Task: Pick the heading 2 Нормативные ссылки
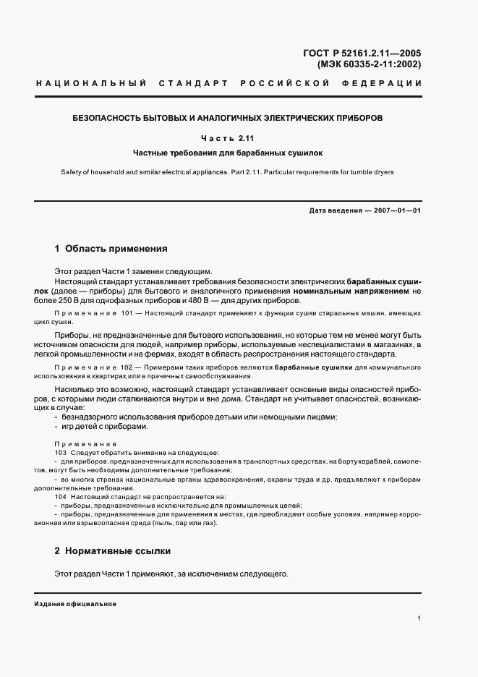112,551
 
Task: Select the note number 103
60,452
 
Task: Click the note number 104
60,497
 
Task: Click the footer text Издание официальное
75,603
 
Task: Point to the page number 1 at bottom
419,618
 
